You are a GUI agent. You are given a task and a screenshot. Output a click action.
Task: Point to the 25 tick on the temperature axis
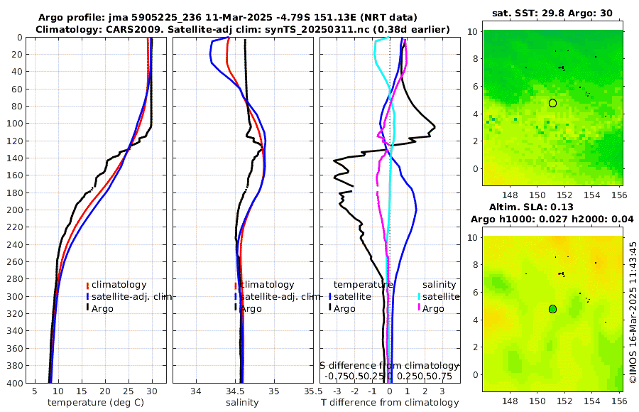pos(129,391)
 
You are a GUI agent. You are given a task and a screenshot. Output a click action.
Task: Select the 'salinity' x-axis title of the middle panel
pos(241,403)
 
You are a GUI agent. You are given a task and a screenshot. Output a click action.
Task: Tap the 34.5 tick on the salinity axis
pos(241,391)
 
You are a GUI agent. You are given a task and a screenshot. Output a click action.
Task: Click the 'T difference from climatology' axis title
pos(390,403)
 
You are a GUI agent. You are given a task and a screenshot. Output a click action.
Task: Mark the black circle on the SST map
pos(552,103)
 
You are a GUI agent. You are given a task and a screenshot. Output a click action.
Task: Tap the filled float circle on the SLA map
pos(552,309)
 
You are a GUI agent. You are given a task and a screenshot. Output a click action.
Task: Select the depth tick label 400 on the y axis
pos(14,383)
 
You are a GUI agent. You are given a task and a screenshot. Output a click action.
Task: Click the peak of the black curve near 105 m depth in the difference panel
pos(435,127)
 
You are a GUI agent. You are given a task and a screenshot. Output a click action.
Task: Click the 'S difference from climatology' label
pos(390,364)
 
